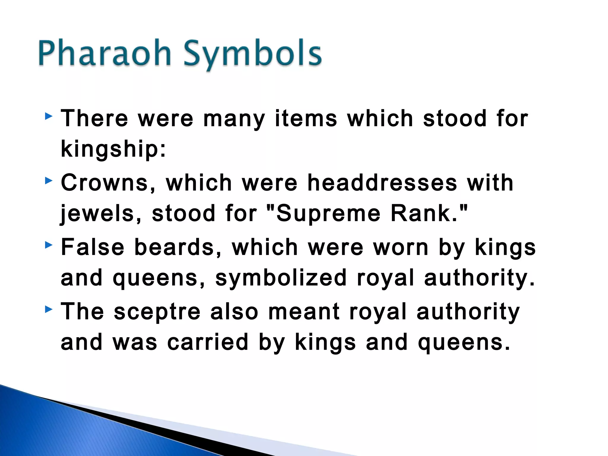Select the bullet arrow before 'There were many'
tap(49, 116)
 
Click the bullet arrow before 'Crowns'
tap(49, 180)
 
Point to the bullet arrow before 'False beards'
tap(49, 245)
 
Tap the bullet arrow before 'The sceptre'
tap(49, 310)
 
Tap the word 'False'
tap(92, 247)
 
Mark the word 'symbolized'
tap(281, 278)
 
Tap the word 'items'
tap(306, 119)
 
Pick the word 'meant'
tap(304, 312)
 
